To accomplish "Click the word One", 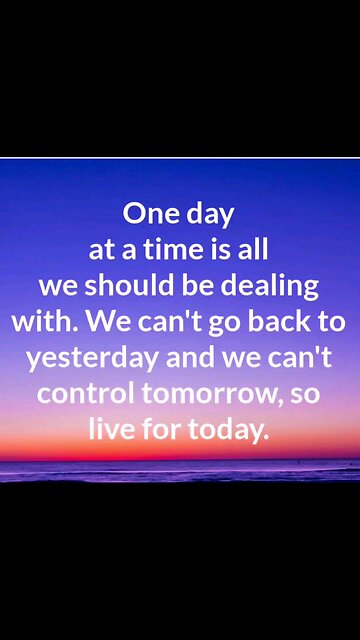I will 149,213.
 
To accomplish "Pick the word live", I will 109,429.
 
